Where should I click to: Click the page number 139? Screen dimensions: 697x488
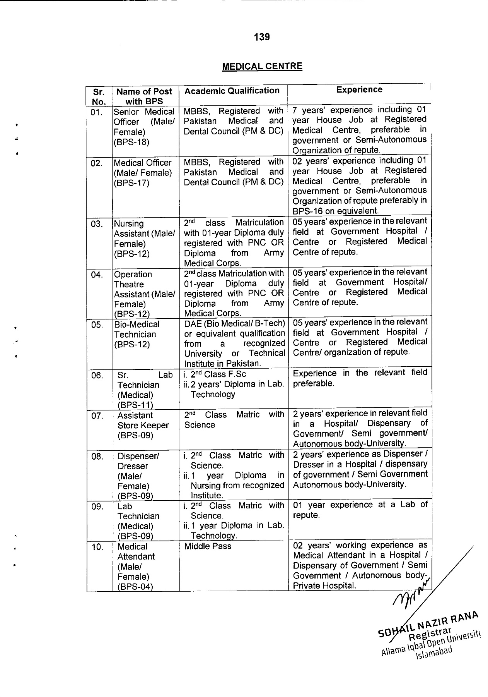[262, 37]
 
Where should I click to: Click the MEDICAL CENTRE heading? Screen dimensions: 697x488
[262, 66]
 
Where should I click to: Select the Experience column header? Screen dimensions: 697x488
[359, 90]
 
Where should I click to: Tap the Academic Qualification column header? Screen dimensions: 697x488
[232, 91]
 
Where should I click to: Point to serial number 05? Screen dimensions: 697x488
[97, 324]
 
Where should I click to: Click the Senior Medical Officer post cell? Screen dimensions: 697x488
[144, 127]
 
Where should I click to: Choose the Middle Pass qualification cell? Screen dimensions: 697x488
[208, 546]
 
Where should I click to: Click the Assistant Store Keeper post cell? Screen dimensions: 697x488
[143, 425]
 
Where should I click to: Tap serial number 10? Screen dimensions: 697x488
[97, 547]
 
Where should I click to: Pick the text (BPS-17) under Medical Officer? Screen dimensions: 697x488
[131, 183]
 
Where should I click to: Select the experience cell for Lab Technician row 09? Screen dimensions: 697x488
[360, 510]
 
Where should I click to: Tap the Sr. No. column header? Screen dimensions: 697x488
[99, 96]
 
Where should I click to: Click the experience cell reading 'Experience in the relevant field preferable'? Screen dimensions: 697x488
[360, 378]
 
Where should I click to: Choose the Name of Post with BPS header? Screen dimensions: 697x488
[144, 96]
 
